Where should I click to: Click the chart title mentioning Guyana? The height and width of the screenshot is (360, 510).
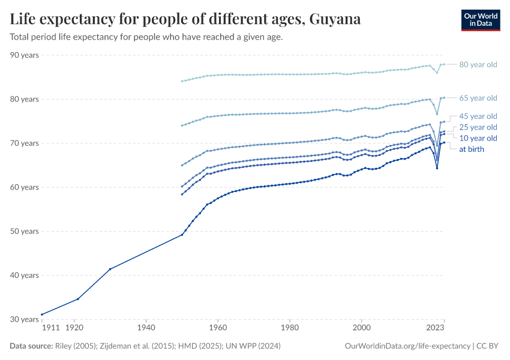(x=185, y=19)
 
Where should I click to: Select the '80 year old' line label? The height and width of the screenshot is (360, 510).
(x=478, y=65)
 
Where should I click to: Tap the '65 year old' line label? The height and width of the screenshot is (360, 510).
(x=478, y=98)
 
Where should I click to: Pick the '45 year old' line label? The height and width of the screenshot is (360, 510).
(x=478, y=116)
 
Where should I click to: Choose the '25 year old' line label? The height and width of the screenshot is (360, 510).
(x=478, y=127)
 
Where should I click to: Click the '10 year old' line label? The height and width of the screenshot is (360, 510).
(x=478, y=138)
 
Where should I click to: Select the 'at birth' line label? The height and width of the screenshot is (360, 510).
(x=472, y=149)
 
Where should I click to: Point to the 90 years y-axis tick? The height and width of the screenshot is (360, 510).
(x=25, y=55)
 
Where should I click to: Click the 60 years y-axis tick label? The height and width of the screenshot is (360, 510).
(x=25, y=187)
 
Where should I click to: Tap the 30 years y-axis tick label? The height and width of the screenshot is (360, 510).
(x=25, y=319)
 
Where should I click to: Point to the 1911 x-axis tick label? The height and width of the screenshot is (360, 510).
(x=50, y=329)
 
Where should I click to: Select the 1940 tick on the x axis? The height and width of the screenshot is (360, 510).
(x=146, y=329)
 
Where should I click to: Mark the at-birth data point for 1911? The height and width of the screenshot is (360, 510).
(x=41, y=314)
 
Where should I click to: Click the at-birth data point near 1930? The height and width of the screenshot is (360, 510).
(x=110, y=269)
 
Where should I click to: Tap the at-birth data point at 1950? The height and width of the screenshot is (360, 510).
(x=182, y=235)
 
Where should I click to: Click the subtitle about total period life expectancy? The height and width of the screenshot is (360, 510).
(x=146, y=37)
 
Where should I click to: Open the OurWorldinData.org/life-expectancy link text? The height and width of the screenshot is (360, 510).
(x=408, y=346)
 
